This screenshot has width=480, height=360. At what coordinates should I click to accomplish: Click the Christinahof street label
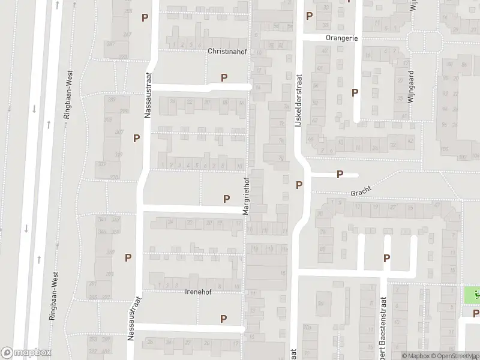click(227, 52)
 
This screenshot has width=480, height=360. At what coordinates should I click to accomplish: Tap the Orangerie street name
click(342, 38)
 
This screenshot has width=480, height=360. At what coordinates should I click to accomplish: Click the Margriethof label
click(245, 196)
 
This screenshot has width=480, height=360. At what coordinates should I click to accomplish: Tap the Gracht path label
click(362, 191)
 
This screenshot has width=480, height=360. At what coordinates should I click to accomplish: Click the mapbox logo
click(26, 352)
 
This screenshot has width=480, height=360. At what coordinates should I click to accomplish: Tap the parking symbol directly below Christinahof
click(224, 77)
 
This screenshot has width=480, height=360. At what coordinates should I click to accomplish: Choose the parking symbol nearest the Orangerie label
click(309, 16)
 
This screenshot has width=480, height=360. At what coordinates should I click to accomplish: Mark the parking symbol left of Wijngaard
click(355, 93)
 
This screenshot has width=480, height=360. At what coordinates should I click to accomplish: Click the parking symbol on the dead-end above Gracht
click(340, 175)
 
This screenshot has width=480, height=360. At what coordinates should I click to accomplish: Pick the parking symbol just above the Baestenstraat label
click(387, 258)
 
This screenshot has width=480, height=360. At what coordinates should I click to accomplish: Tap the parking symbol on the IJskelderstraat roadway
click(299, 184)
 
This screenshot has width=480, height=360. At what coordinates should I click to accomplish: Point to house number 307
click(119, 132)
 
